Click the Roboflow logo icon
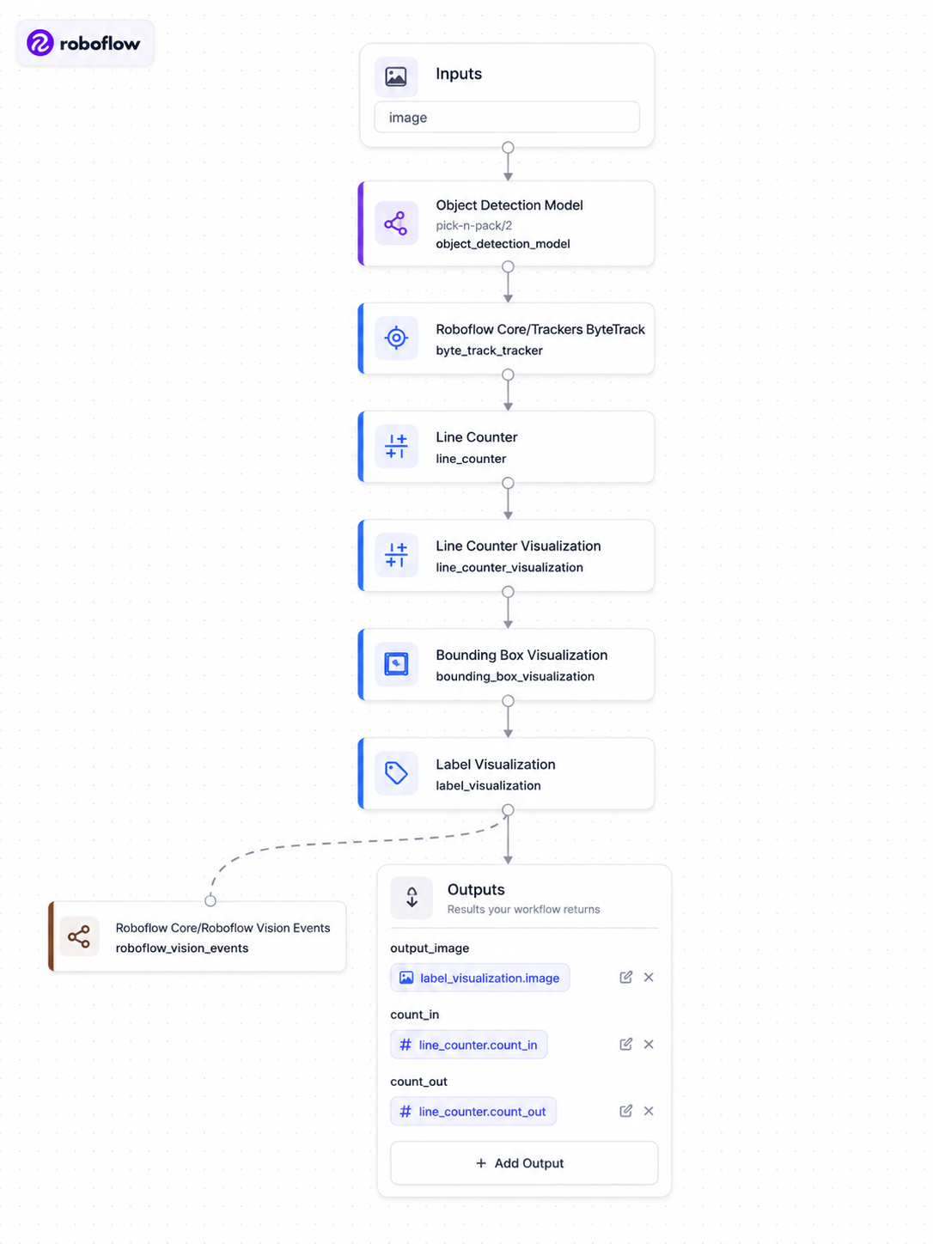pos(40,43)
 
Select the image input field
pos(506,118)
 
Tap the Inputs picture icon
pos(396,76)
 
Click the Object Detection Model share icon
pos(396,223)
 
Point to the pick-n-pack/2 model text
pos(473,226)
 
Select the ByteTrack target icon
pos(396,338)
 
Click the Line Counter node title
pos(477,437)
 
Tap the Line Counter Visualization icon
pos(396,555)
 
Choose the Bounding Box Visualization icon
pos(396,663)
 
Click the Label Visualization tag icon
pos(396,773)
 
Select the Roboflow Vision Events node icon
pos(79,936)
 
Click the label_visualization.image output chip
pos(479,978)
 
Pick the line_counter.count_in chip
pos(468,1045)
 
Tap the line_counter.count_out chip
pos(473,1112)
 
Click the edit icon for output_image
pos(625,977)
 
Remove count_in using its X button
pos(649,1044)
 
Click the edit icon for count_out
pos(625,1111)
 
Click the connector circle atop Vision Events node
pos(210,900)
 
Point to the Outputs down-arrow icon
pos(412,898)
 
